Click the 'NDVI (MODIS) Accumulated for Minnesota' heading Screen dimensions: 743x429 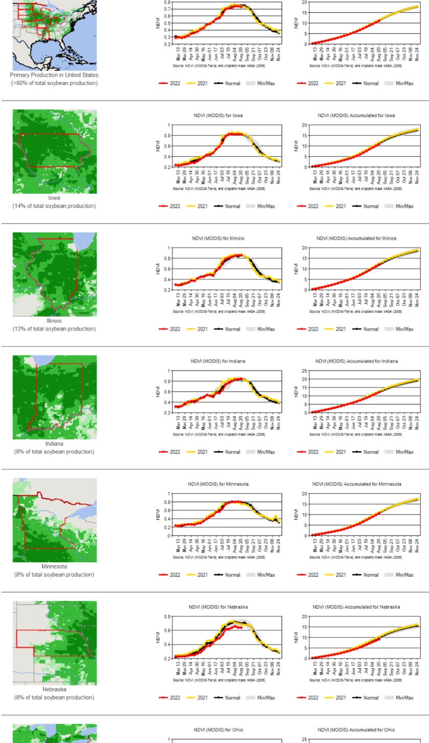tap(357, 484)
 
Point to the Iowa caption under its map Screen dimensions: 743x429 tap(54, 198)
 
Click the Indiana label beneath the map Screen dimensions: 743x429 tap(54, 443)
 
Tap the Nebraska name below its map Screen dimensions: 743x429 tap(54, 689)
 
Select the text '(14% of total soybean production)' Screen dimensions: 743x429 tap(54, 206)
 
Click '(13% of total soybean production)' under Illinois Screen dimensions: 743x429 tap(54, 329)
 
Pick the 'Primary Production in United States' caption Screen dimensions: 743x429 tap(54, 75)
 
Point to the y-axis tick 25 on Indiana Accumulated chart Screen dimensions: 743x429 tap(304, 371)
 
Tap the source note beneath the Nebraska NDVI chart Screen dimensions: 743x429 tap(219, 680)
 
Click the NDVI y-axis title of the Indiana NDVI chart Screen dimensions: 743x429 tap(159, 391)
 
